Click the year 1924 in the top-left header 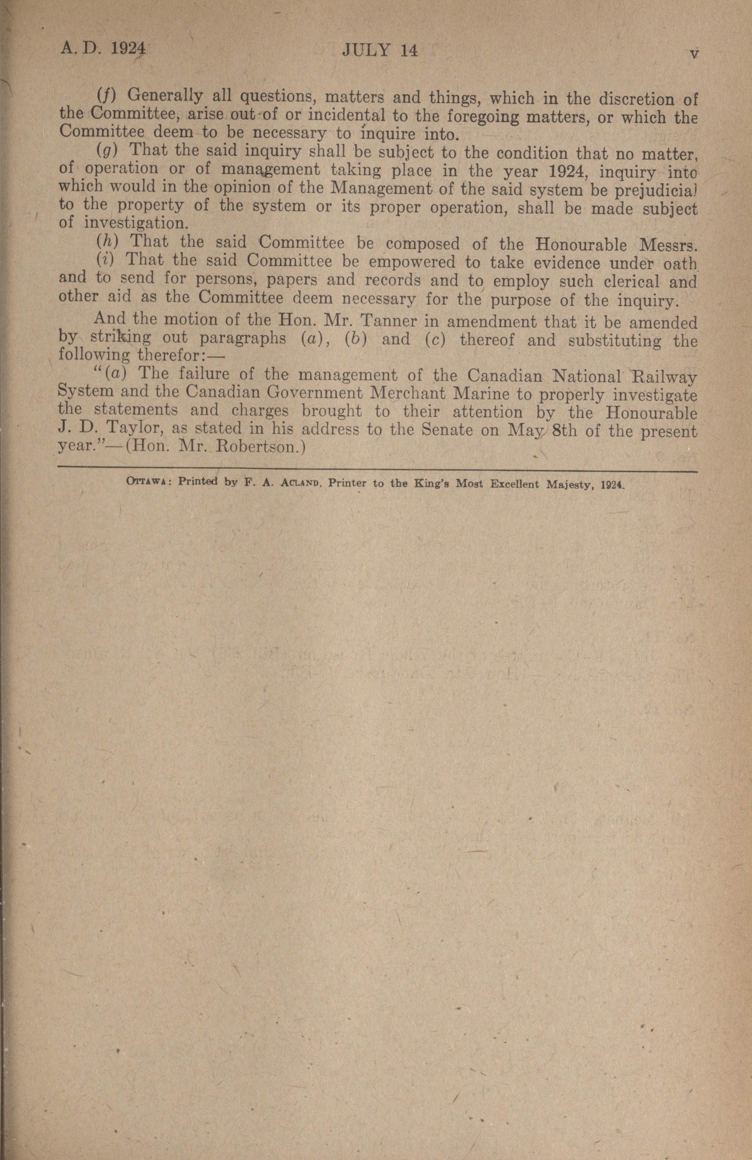click(128, 49)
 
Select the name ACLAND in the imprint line click(298, 483)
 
